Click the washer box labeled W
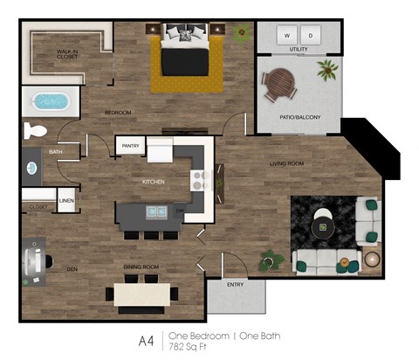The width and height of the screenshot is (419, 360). (286, 36)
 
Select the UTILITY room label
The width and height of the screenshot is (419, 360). (299, 51)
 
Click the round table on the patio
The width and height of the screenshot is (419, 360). (280, 84)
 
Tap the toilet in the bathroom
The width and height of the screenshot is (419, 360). (36, 131)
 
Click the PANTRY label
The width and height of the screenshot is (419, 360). (131, 146)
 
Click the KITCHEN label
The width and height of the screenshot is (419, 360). (154, 182)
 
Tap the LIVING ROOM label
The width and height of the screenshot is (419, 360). (285, 163)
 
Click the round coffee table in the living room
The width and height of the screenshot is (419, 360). (324, 227)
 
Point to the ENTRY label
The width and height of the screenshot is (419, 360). (236, 284)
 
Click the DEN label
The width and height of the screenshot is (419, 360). (72, 268)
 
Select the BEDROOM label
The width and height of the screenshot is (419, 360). (118, 113)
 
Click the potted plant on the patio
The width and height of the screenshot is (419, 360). (328, 69)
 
